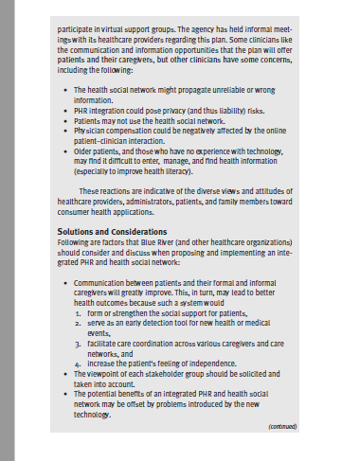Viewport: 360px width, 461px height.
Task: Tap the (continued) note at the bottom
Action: point(282,426)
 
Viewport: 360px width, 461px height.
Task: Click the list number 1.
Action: point(79,311)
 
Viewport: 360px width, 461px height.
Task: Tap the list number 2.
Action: point(79,323)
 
